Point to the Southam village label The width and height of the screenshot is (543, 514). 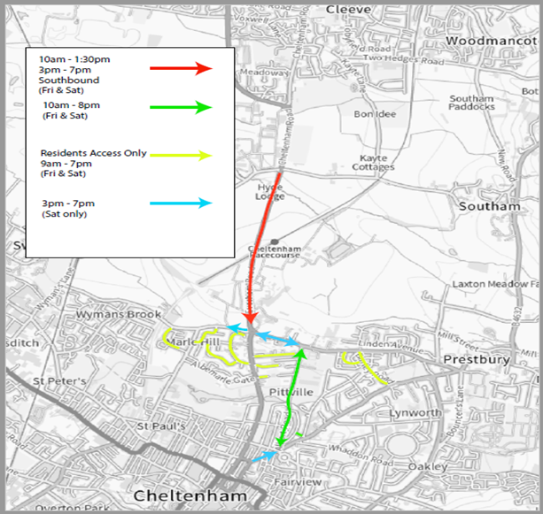tap(489, 206)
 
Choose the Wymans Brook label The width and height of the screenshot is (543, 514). tap(119, 314)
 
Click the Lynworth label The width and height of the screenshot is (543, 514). tap(415, 413)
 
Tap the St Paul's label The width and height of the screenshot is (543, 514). tap(159, 426)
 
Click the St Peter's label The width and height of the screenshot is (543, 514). tap(58, 381)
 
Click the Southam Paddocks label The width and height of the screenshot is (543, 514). tap(471, 103)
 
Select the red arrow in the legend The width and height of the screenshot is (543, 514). tap(182, 68)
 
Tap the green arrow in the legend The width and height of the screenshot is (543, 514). tap(182, 108)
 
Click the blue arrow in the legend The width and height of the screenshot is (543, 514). tap(182, 203)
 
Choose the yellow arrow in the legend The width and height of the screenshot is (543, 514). tap(182, 155)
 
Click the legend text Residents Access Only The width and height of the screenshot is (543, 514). tap(92, 153)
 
